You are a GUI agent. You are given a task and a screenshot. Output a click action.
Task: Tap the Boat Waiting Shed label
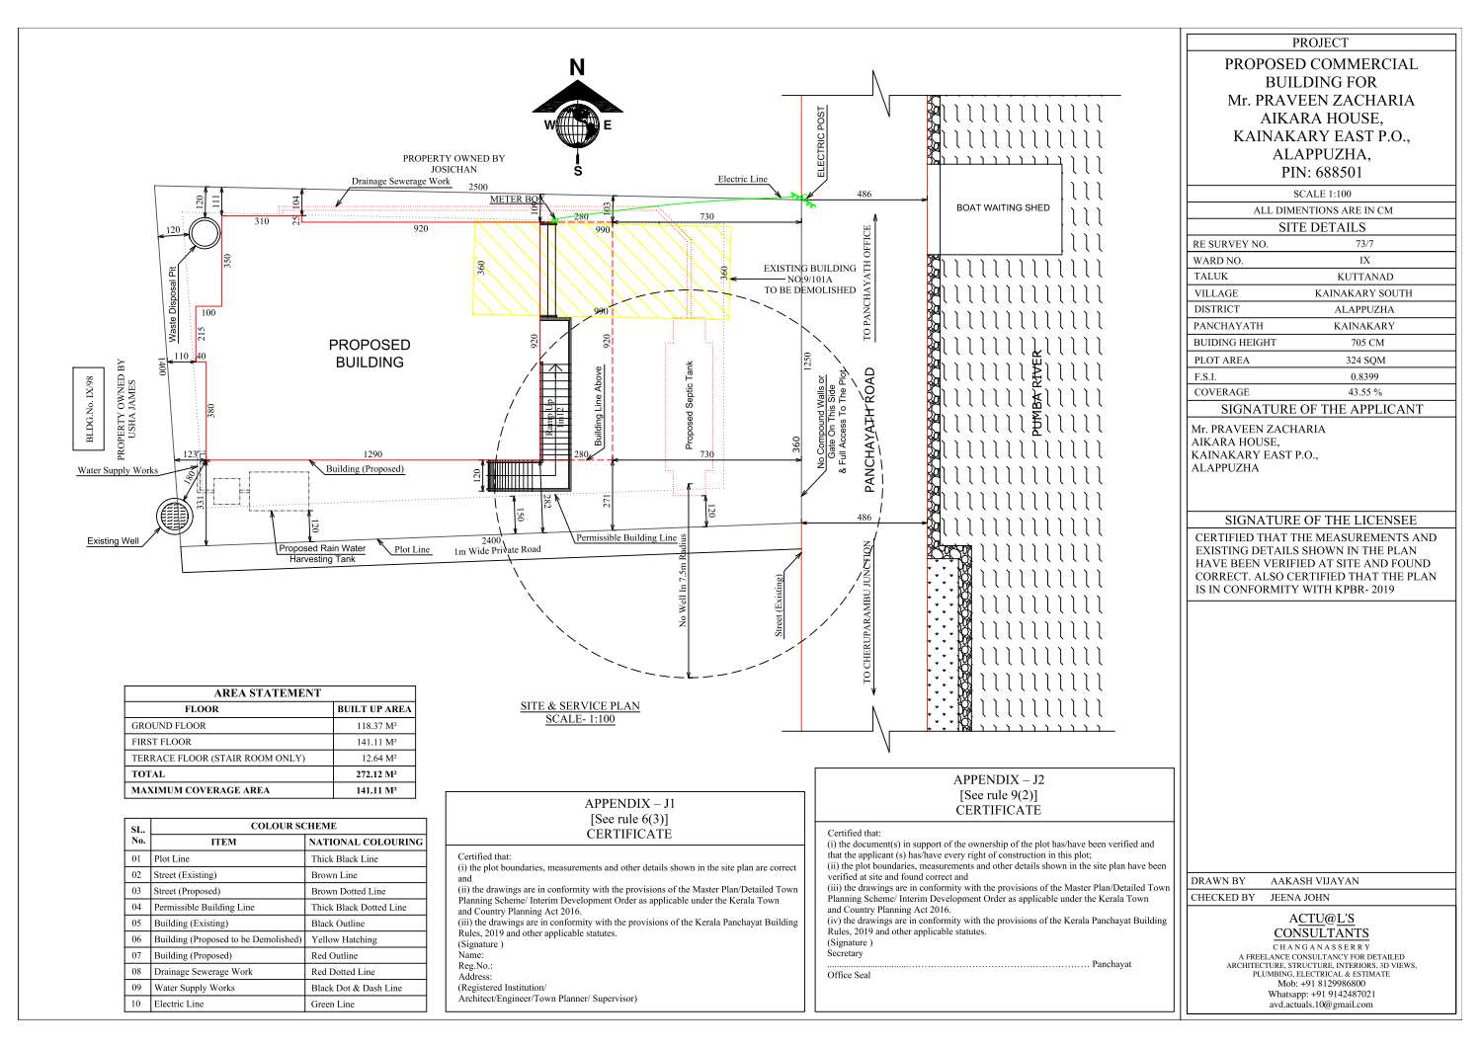(1002, 207)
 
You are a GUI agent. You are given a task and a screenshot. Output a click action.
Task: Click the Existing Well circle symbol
(176, 517)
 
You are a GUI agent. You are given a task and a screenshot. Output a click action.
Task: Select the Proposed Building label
(370, 354)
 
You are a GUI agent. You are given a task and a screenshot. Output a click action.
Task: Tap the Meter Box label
(517, 200)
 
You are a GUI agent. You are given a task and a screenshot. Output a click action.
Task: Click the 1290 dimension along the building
(372, 454)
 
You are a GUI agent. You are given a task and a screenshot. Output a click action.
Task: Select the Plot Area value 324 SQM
(1365, 360)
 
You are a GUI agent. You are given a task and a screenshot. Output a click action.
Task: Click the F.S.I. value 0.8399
(1365, 376)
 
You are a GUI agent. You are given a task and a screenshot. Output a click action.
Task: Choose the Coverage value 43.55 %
(1365, 392)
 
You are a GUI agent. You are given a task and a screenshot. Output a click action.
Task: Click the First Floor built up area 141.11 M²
(374, 742)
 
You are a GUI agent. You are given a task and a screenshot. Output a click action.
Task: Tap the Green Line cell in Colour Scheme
(333, 1004)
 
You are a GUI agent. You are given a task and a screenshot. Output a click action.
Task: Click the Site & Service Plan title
(580, 706)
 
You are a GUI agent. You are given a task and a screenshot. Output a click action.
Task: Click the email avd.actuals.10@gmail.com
(1321, 1005)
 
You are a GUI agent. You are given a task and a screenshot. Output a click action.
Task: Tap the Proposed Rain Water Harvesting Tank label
(322, 553)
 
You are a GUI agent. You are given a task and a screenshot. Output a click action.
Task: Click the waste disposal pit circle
(206, 235)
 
